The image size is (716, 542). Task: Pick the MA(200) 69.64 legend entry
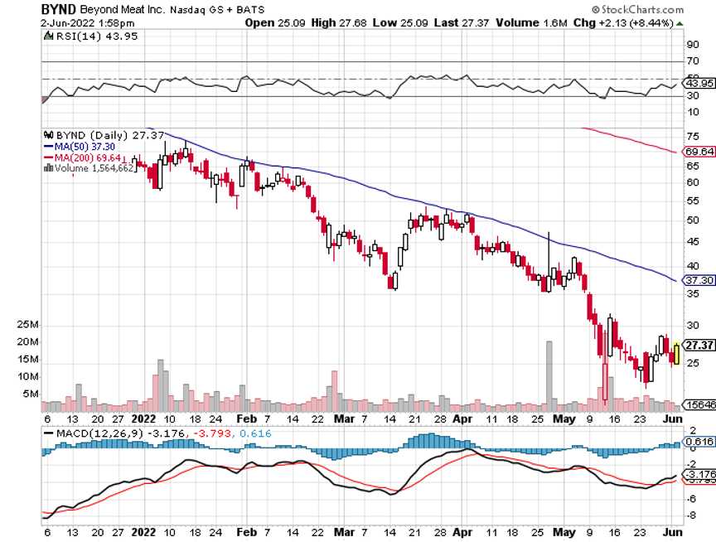[x=84, y=157]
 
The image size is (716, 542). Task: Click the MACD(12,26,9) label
[x=94, y=433]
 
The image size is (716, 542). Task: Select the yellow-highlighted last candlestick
[x=678, y=354]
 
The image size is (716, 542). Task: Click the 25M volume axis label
[x=28, y=325]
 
